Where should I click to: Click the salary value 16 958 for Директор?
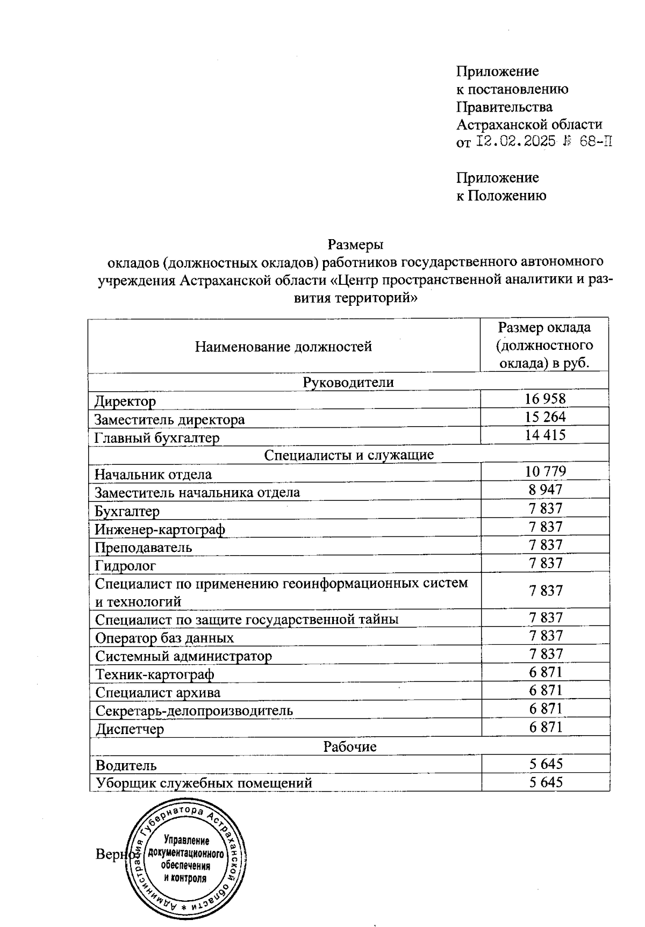pyautogui.click(x=545, y=398)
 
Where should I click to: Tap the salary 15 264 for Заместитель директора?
pyautogui.click(x=545, y=417)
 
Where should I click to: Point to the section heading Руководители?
pyautogui.click(x=348, y=382)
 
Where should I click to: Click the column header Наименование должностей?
pyautogui.click(x=283, y=347)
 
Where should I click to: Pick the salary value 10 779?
pyautogui.click(x=545, y=472)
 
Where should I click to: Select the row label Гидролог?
pyautogui.click(x=125, y=565)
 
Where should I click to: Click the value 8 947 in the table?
pyautogui.click(x=545, y=490)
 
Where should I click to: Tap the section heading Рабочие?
pyautogui.click(x=349, y=746)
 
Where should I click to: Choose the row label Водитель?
pyautogui.click(x=126, y=765)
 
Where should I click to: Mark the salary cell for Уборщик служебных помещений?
pyautogui.click(x=545, y=782)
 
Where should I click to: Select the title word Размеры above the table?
pyautogui.click(x=355, y=245)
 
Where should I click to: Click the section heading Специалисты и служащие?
pyautogui.click(x=349, y=455)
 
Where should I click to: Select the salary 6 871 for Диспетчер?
pyautogui.click(x=545, y=727)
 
